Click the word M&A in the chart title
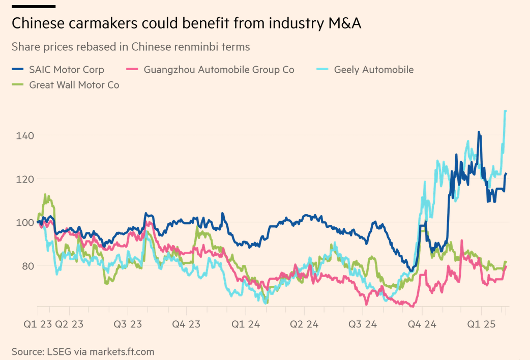point(344,23)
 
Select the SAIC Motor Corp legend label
point(67,70)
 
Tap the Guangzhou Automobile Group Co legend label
point(219,70)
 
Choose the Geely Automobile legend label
point(374,70)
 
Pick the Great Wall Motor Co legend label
point(74,85)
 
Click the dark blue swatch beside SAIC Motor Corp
point(18,69)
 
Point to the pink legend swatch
point(132,69)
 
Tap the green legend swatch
point(18,84)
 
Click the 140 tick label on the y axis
point(25,136)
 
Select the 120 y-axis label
point(25,179)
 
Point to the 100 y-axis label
point(25,222)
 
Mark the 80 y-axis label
point(28,266)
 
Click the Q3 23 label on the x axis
point(128,324)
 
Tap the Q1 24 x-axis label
point(246,324)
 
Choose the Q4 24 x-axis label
point(422,324)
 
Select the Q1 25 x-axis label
point(481,324)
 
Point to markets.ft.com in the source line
point(122,352)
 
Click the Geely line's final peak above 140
point(505,111)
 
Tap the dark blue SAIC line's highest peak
point(479,133)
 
